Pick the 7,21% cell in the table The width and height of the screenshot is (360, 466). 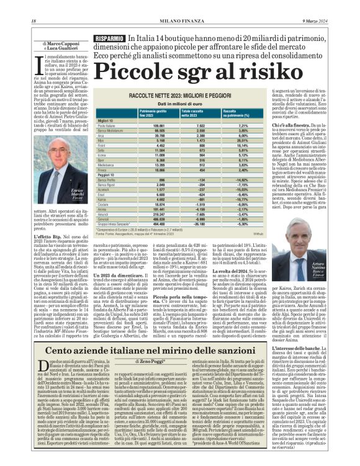coord(226,125)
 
